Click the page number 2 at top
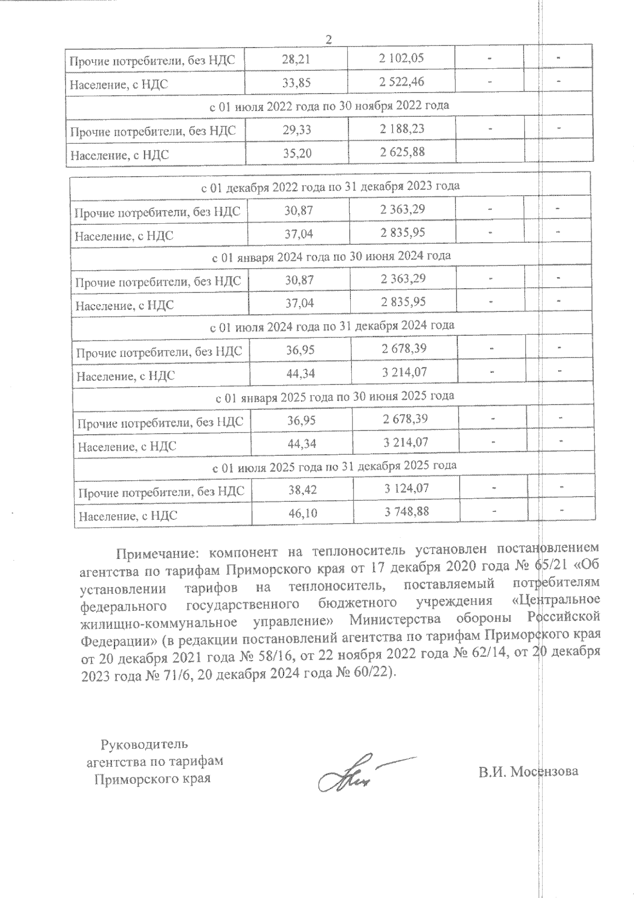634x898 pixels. [329, 40]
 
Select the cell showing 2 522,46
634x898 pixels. [401, 82]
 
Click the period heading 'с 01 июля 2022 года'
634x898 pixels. [329, 105]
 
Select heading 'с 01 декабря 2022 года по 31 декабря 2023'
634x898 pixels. [330, 186]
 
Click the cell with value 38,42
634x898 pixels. [302, 490]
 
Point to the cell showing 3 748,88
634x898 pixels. [406, 512]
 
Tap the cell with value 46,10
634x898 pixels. [302, 514]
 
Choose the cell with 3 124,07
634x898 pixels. [406, 489]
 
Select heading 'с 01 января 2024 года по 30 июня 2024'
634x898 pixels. [331, 256]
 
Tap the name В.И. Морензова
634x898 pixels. [528, 771]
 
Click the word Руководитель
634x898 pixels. [144, 744]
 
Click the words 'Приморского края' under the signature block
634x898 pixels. [152, 779]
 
